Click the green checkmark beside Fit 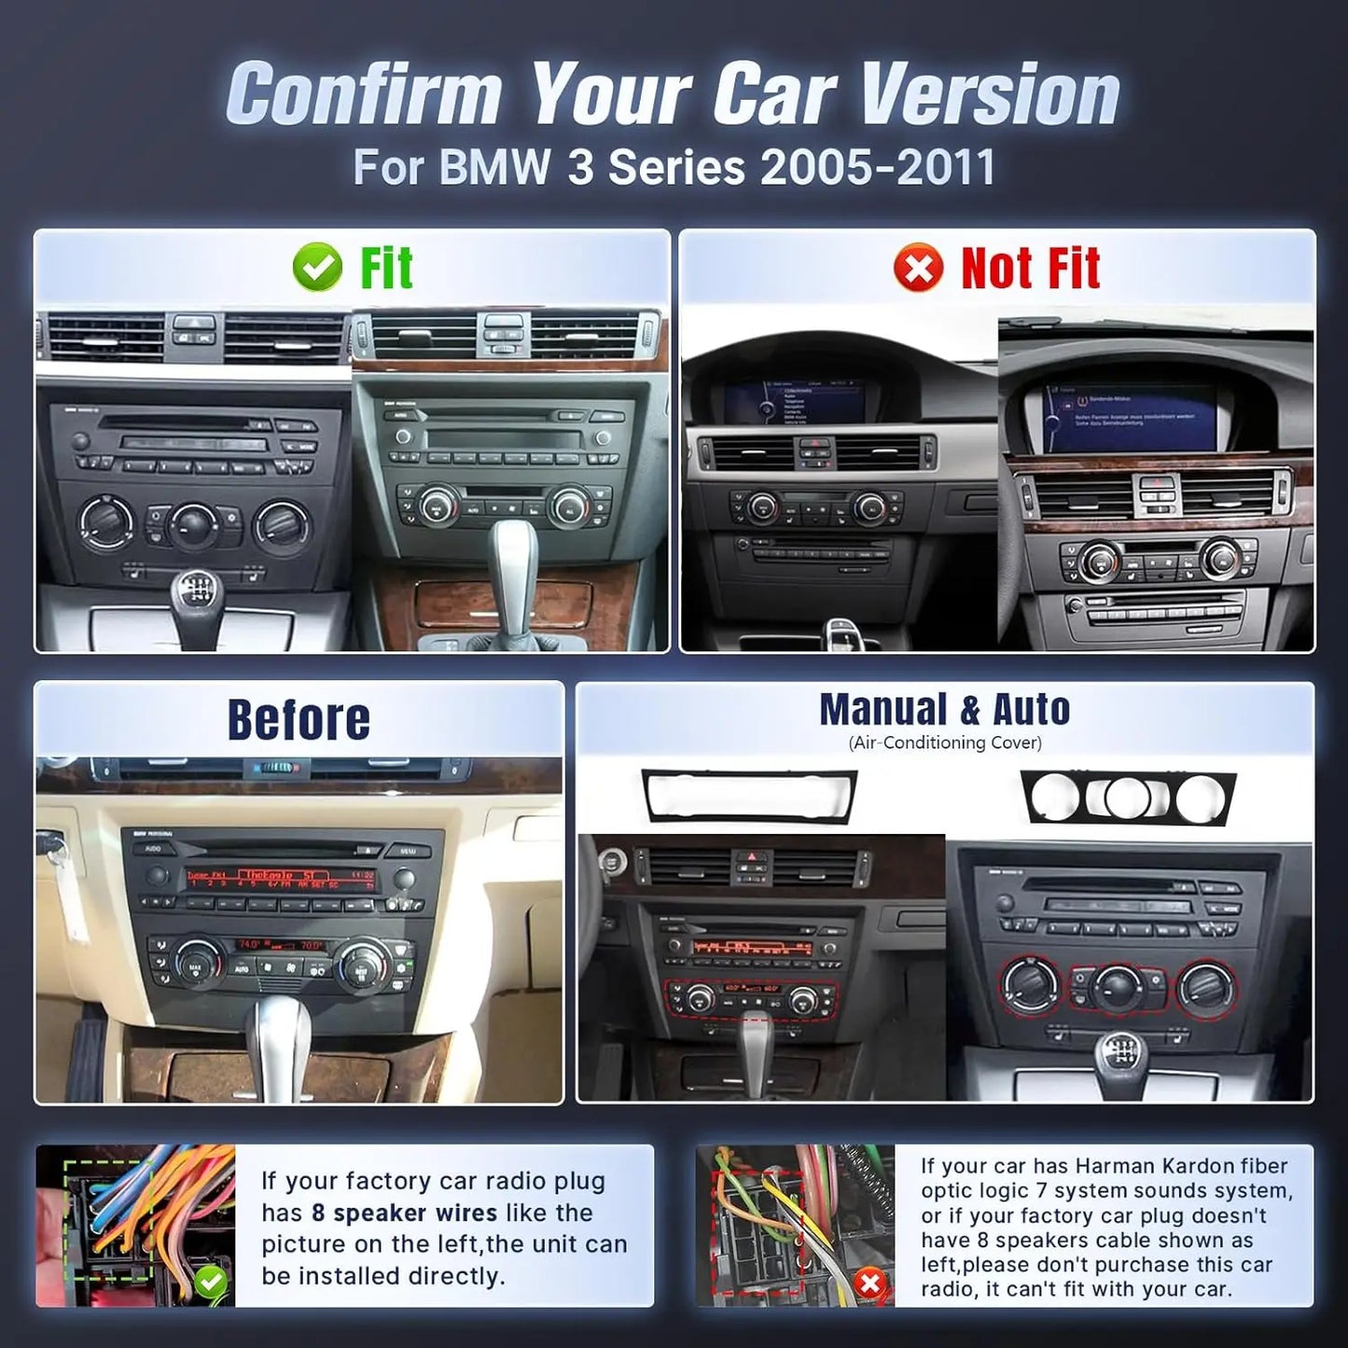(x=317, y=269)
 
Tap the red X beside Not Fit (x=918, y=269)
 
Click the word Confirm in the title (x=364, y=93)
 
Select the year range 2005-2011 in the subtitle (x=878, y=168)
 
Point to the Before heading (x=299, y=720)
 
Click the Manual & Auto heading (x=944, y=710)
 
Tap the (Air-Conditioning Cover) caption (x=944, y=743)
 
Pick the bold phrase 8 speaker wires (x=405, y=1213)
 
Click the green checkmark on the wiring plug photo (x=211, y=1283)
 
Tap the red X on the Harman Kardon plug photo (x=869, y=1284)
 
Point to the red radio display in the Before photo (x=280, y=877)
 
